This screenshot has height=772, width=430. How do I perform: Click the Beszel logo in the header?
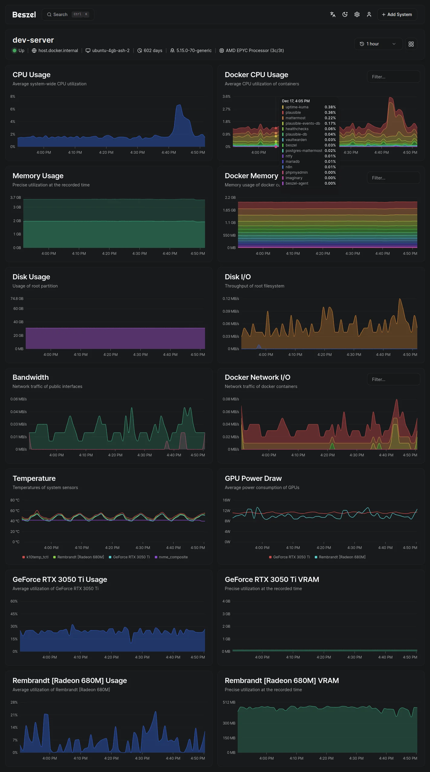[x=24, y=15]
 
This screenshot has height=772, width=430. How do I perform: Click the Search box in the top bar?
[x=68, y=15]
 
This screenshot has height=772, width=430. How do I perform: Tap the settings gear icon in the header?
[x=357, y=15]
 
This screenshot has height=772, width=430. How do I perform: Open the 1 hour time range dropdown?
[x=378, y=44]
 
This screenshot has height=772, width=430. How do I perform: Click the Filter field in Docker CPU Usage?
[x=393, y=77]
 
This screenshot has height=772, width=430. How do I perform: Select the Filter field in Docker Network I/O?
[x=393, y=379]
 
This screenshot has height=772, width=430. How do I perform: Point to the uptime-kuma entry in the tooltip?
[x=297, y=107]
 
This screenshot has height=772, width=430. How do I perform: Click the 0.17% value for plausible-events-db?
[x=330, y=123]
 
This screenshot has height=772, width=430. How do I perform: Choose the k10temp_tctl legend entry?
[x=35, y=557]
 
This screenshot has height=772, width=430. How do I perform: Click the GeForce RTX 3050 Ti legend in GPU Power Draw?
[x=289, y=557]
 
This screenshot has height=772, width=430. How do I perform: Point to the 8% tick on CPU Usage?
[x=13, y=97]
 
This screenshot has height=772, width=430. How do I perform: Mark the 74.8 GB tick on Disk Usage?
[x=17, y=299]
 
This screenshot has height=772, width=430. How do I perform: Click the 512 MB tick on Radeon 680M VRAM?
[x=229, y=702]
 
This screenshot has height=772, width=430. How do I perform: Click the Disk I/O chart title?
[x=238, y=277]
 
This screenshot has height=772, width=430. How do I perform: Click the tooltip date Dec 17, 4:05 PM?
[x=296, y=101]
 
